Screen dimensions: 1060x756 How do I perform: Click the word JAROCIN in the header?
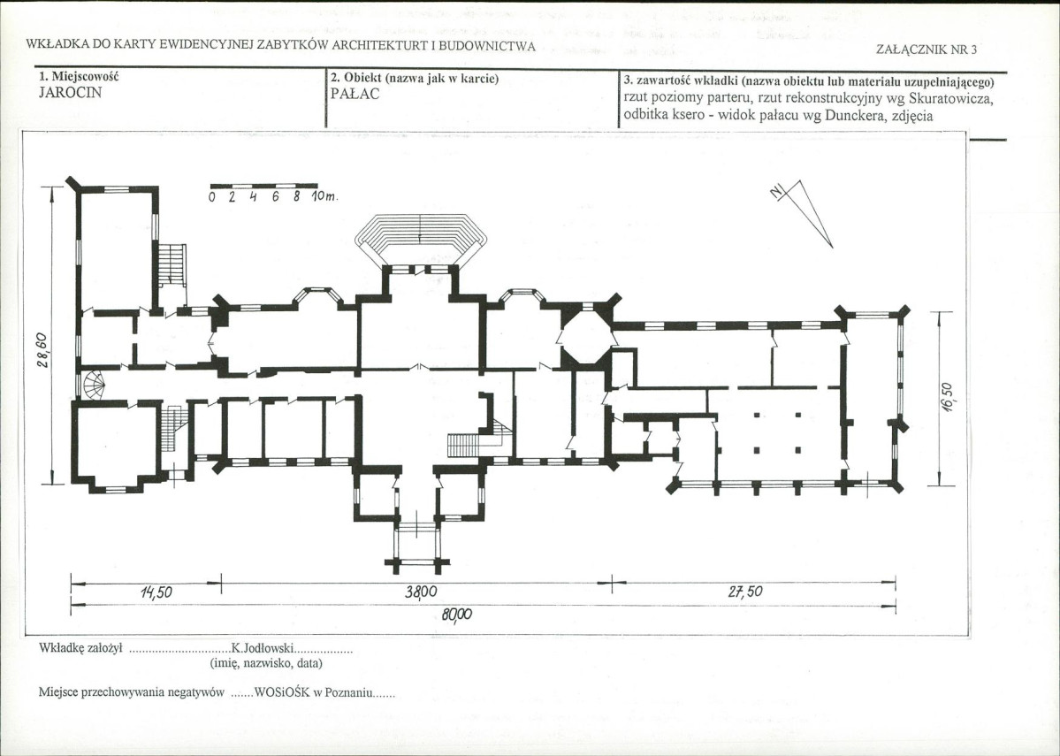(71, 94)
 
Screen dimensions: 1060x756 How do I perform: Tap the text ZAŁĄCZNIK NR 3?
(927, 50)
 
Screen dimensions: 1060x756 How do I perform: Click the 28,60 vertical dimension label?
(42, 352)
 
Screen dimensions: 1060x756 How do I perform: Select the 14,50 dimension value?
(156, 592)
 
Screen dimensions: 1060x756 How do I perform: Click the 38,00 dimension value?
(421, 592)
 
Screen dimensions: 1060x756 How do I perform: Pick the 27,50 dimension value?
(745, 592)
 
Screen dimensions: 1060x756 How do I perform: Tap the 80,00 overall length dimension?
(457, 615)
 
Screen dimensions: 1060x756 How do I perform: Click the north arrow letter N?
(777, 191)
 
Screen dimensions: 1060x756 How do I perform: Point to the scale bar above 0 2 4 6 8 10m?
(263, 186)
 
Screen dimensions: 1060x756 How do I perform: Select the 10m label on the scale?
(324, 197)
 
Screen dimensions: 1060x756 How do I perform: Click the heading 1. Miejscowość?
(79, 77)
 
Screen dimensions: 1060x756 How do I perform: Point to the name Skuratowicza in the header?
(950, 99)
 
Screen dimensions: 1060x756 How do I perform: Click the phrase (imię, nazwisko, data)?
(266, 663)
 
